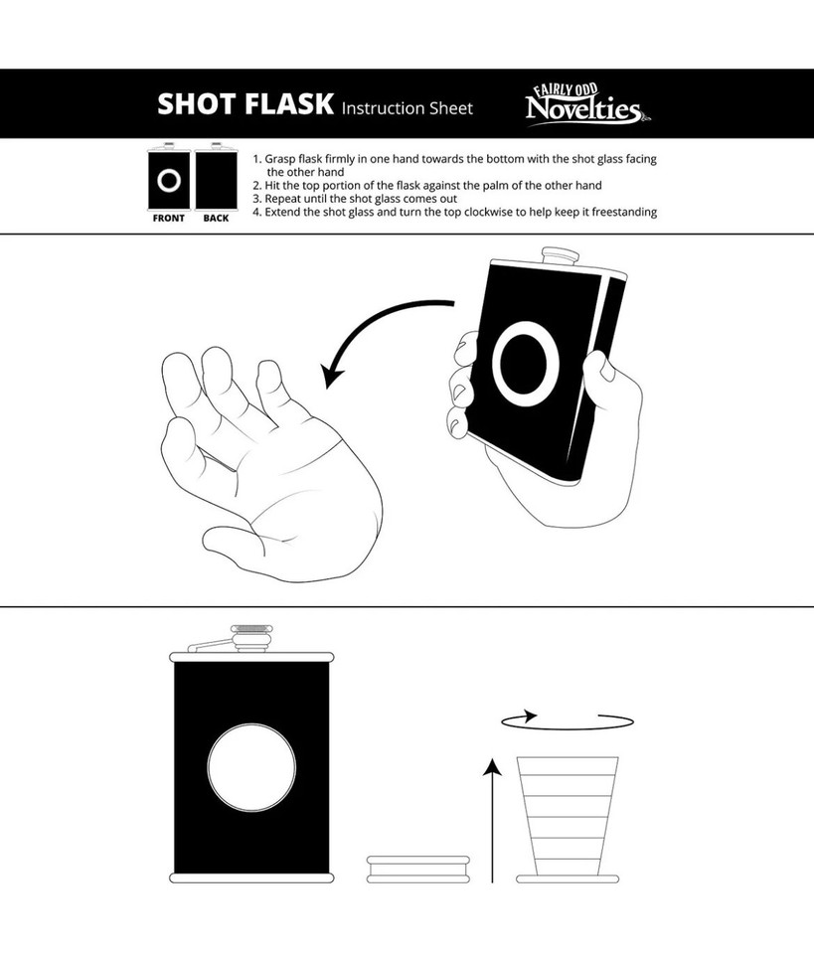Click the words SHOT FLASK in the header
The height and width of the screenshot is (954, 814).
click(x=244, y=103)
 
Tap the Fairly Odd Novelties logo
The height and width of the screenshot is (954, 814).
click(x=583, y=104)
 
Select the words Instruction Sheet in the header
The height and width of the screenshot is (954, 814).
click(x=407, y=107)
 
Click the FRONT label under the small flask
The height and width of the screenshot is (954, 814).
click(x=168, y=219)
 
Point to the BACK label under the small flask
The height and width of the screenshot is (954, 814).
click(x=216, y=219)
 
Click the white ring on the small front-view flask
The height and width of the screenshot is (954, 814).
click(x=168, y=181)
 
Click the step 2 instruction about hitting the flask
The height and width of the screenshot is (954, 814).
click(x=427, y=186)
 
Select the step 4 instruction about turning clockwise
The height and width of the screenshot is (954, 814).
click(x=454, y=212)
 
